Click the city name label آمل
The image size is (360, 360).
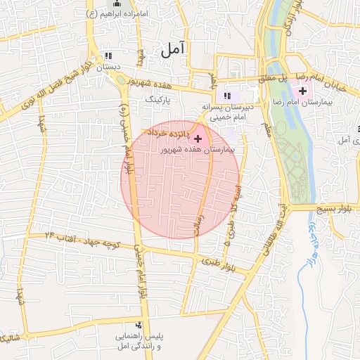[173, 49]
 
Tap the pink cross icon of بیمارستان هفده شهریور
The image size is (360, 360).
[198, 138]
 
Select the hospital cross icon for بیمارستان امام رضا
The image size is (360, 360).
[302, 91]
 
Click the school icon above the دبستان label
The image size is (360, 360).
[108, 56]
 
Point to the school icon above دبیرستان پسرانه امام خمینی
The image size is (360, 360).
[226, 96]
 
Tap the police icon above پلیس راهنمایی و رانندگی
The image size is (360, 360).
[139, 326]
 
